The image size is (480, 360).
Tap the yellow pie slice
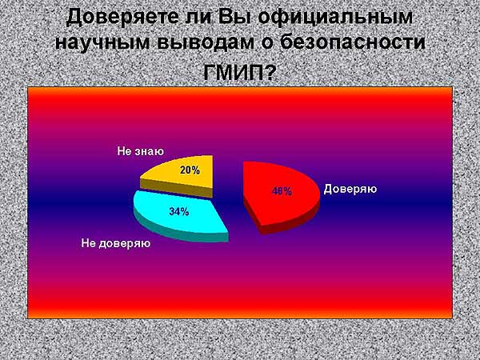pyautogui.click(x=181, y=175)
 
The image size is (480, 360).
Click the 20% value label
pyautogui.click(x=190, y=170)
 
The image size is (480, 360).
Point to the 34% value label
pyautogui.click(x=178, y=211)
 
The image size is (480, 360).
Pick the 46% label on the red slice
pyautogui.click(x=282, y=191)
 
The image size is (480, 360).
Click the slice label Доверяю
pyautogui.click(x=350, y=189)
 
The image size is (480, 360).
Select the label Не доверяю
pyautogui.click(x=116, y=243)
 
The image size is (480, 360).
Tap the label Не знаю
pyautogui.click(x=141, y=151)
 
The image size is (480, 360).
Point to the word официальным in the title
pyautogui.click(x=335, y=18)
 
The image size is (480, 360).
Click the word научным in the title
pyautogui.click(x=102, y=42)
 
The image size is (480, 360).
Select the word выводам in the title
pyautogui.click(x=206, y=42)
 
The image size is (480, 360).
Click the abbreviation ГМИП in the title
pyautogui.click(x=234, y=72)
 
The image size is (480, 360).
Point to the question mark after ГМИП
pyautogui.click(x=269, y=72)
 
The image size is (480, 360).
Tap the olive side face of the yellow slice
pyautogui.click(x=176, y=188)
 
